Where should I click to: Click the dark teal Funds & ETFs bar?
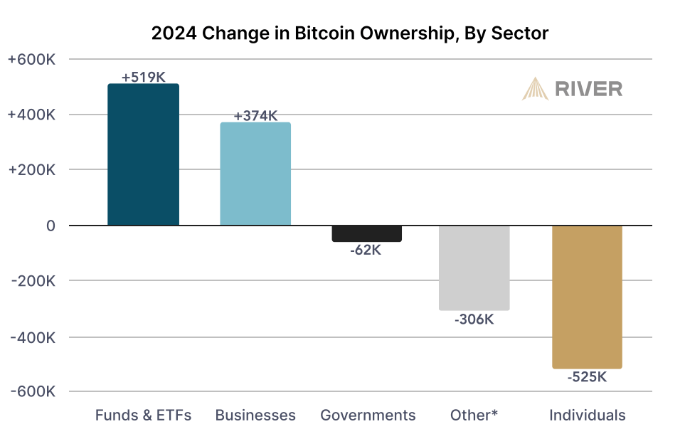pyautogui.click(x=143, y=154)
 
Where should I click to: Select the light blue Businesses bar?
pyautogui.click(x=255, y=174)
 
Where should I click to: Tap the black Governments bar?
pyautogui.click(x=366, y=233)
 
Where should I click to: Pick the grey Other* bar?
pyautogui.click(x=474, y=268)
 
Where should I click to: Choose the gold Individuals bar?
pyautogui.click(x=587, y=297)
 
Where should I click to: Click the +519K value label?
pyautogui.click(x=143, y=78)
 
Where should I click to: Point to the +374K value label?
pyautogui.click(x=255, y=116)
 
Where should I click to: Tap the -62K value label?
pyautogui.click(x=366, y=250)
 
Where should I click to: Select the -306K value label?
pyautogui.click(x=474, y=319)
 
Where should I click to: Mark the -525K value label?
pyautogui.click(x=587, y=377)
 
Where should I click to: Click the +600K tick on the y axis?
pyautogui.click(x=31, y=59)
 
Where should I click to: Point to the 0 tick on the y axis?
pyautogui.click(x=51, y=226)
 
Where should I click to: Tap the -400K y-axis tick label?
pyautogui.click(x=33, y=337)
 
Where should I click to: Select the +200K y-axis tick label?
pyautogui.click(x=31, y=169)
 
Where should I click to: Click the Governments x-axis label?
pyautogui.click(x=368, y=415)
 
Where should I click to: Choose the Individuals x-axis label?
pyautogui.click(x=587, y=415)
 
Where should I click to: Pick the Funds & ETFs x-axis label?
pyautogui.click(x=143, y=415)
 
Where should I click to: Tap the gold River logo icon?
pyautogui.click(x=535, y=89)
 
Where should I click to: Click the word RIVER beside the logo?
pyautogui.click(x=588, y=89)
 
